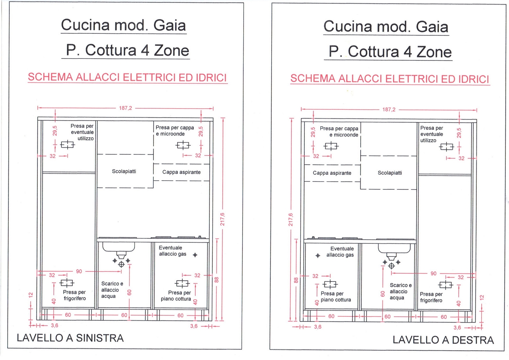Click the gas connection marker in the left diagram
coord(195,255)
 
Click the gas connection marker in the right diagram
coord(318,256)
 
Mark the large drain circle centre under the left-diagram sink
coord(121,264)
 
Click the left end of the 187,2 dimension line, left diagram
coord(38,108)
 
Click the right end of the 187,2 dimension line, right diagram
coord(477,110)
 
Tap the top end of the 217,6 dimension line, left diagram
coord(223,118)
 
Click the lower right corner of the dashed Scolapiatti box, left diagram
coord(153,188)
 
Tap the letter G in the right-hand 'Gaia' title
coord(423,27)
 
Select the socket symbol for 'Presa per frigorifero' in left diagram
coord(67,283)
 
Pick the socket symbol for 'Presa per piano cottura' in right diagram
coord(330,284)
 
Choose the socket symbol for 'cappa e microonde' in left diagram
coord(183,145)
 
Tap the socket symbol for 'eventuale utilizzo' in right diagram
coord(446,147)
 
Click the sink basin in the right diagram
coord(394,249)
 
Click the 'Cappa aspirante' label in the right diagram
coord(332,173)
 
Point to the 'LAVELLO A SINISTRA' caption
coord(70,338)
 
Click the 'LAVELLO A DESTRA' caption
coord(443,340)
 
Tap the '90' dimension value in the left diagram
coord(79,271)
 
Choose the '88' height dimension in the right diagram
coord(296,280)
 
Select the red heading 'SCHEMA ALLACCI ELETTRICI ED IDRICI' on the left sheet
coord(127,77)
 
